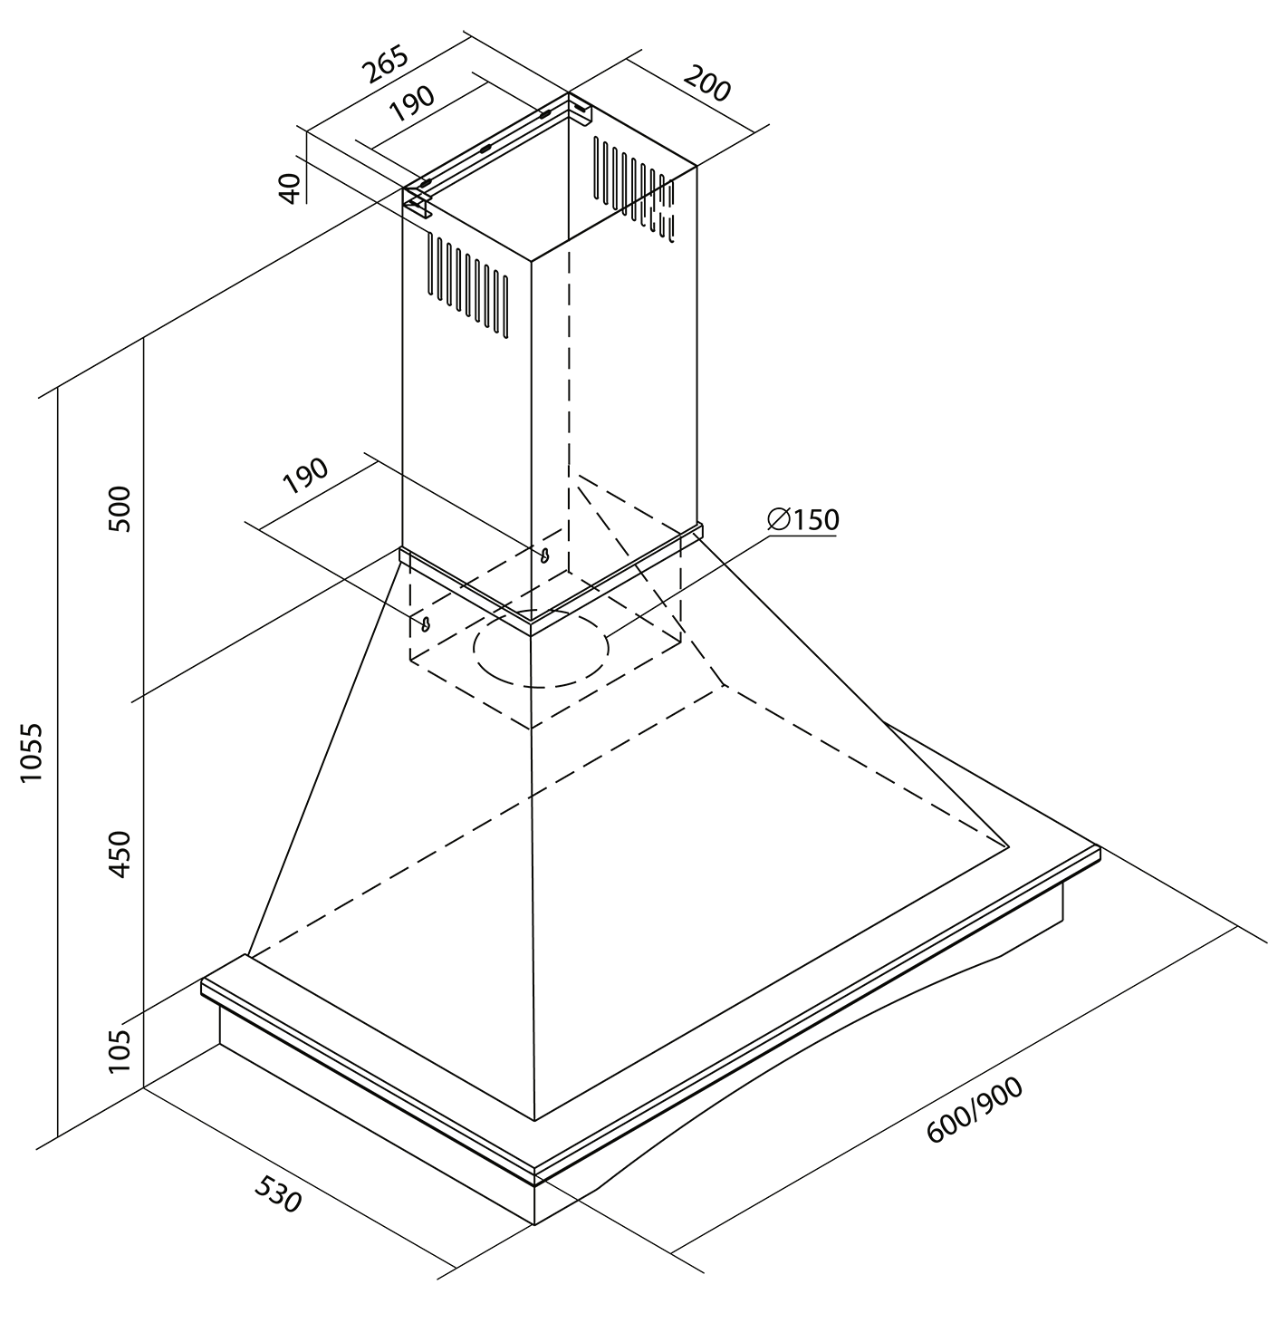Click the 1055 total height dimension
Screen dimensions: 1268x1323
tap(32, 752)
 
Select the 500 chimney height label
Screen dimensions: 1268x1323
tap(119, 508)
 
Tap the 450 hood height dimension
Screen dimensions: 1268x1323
tap(119, 854)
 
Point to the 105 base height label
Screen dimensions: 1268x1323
tap(119, 1051)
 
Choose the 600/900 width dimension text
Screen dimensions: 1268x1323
tap(975, 1120)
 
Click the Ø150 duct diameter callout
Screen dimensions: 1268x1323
tap(803, 520)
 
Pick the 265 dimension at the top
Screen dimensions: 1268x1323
tap(385, 64)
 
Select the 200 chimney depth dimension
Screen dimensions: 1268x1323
tap(707, 83)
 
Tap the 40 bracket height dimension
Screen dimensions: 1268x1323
tap(290, 188)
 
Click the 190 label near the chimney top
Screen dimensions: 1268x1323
tap(412, 103)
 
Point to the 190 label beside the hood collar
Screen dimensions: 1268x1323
tap(305, 476)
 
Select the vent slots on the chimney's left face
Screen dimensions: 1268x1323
tap(468, 285)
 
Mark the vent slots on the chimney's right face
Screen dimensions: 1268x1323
tap(634, 189)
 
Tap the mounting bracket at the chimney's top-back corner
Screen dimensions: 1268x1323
tap(580, 112)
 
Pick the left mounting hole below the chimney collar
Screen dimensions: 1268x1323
tap(426, 623)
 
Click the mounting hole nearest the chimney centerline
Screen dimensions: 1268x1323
tap(544, 555)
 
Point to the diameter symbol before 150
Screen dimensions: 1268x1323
tap(779, 520)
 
